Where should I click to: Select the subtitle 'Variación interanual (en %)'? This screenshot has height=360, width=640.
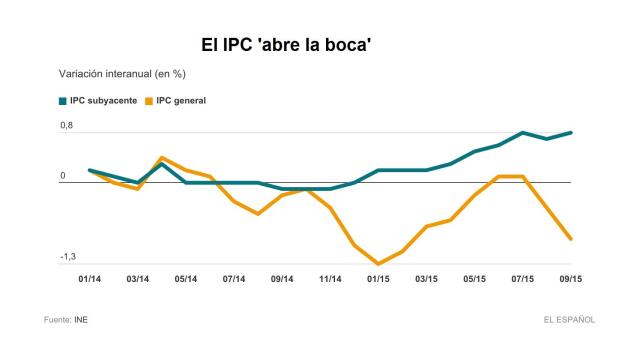122,74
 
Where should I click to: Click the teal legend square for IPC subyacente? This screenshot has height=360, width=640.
62,101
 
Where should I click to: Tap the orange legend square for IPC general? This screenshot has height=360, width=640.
150,101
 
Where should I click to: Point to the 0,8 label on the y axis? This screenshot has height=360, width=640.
67,125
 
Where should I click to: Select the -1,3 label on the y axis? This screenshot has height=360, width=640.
68,257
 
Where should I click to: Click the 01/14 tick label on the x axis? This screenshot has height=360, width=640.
90,279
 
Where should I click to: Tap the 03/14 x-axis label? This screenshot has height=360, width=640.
138,279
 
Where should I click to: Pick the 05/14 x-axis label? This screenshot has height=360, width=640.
186,279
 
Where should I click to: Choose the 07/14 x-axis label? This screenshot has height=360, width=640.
234,279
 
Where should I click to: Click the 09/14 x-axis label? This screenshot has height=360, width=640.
282,279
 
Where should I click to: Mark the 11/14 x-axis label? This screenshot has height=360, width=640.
331,279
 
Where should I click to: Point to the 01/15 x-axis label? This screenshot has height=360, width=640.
379,279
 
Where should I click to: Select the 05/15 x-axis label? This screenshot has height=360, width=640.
475,279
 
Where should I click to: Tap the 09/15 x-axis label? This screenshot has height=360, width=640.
571,279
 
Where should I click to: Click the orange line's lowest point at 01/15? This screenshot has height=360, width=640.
379,264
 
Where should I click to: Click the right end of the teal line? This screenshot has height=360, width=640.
571,132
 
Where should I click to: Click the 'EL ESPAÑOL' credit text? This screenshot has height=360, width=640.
569,320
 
